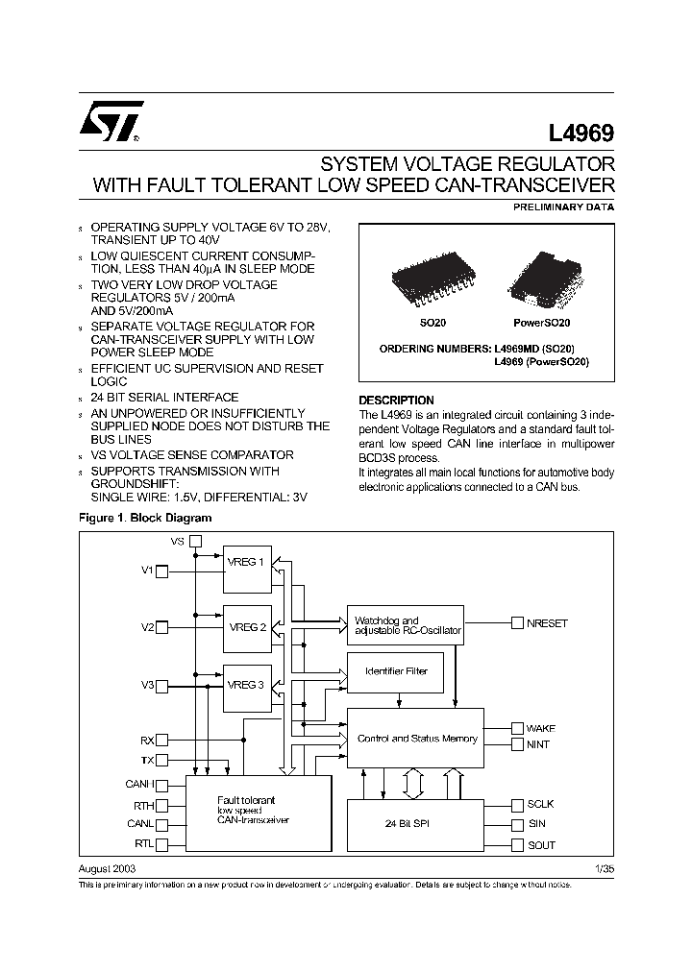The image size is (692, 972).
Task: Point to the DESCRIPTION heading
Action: point(396,401)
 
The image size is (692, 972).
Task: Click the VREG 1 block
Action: point(246,569)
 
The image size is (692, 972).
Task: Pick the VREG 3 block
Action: point(246,686)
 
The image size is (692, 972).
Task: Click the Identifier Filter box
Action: point(397,670)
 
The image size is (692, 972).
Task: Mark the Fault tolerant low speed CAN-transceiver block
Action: point(258,813)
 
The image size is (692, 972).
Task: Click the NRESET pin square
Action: point(517,623)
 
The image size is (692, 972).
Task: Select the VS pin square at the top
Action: point(195,542)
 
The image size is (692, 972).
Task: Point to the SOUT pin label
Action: point(540,845)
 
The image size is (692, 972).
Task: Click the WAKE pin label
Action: point(540,728)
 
